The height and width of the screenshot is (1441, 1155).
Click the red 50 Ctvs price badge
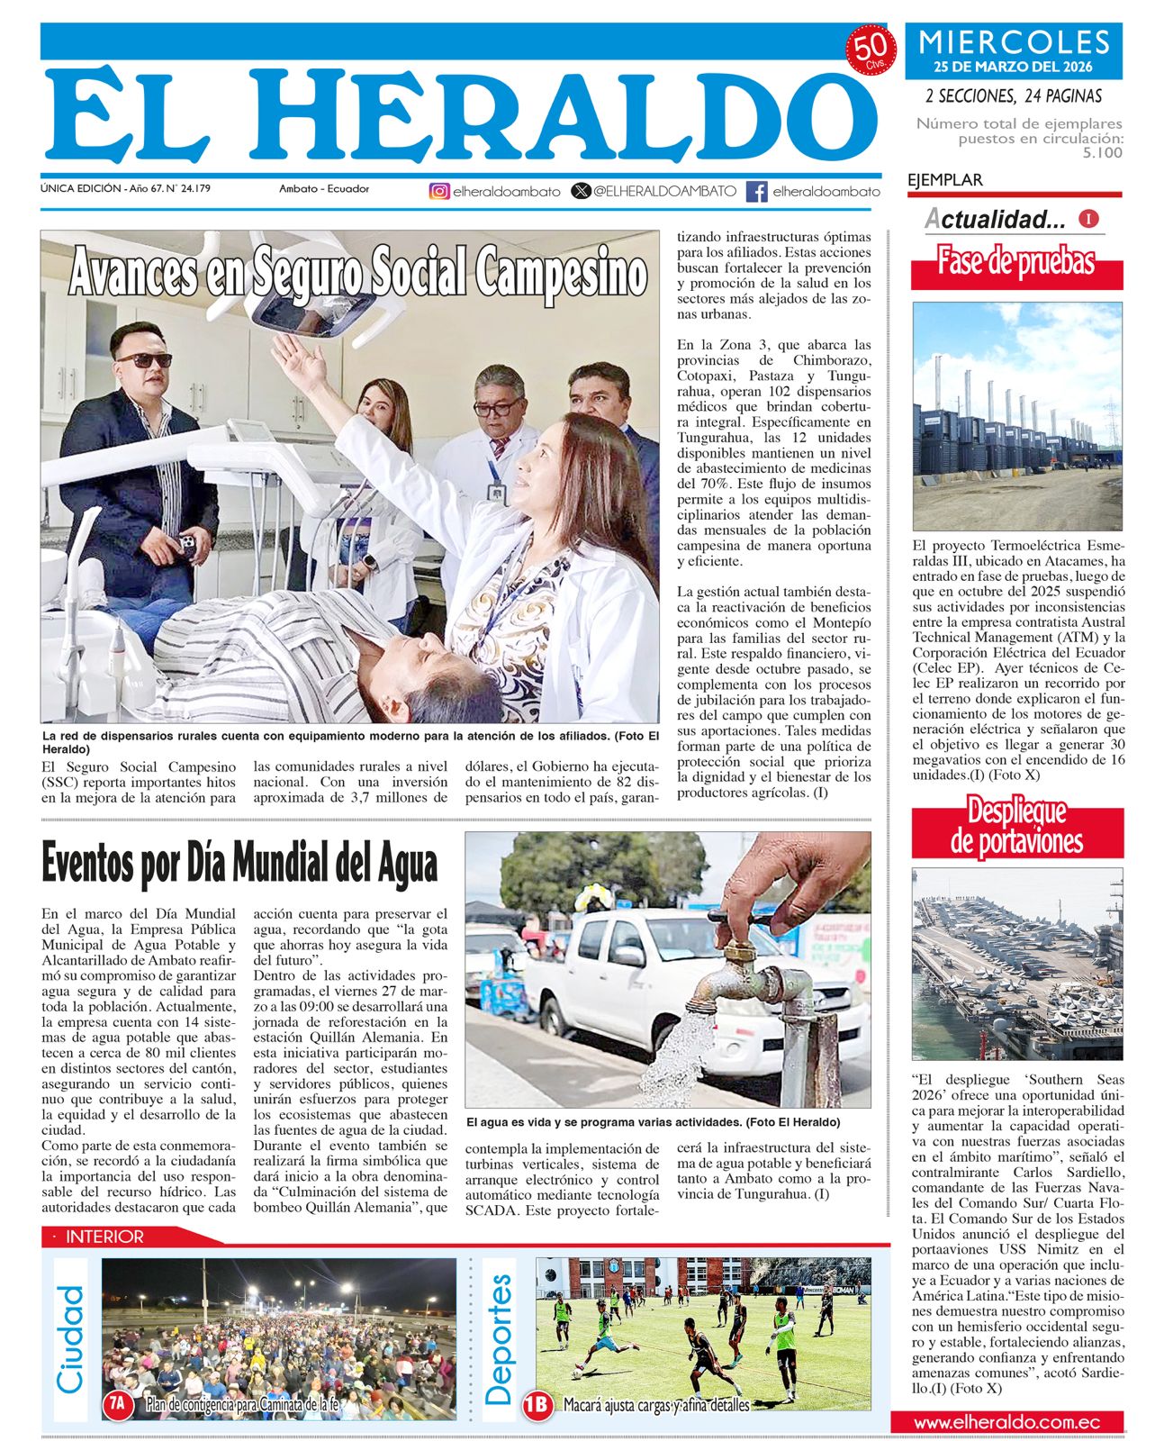pos(870,50)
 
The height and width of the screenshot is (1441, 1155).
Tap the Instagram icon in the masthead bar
pos(439,191)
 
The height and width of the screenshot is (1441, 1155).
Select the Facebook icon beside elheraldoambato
pos(757,191)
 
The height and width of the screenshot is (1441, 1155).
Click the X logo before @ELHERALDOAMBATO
pos(582,191)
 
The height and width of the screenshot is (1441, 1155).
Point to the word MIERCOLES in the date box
pos(1014,42)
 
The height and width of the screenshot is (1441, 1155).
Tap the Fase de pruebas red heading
pos(1016,262)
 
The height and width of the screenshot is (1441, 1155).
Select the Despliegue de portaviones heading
pos(1017,826)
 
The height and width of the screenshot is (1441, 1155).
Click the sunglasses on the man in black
pos(145,360)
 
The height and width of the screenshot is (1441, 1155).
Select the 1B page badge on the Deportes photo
pos(537,1405)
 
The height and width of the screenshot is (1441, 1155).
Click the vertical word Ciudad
pos(70,1339)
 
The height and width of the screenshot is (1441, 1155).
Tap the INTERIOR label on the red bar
pos(104,1237)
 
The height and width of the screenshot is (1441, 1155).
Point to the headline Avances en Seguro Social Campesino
pos(358,272)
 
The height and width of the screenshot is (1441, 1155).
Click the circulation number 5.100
pos(1103,153)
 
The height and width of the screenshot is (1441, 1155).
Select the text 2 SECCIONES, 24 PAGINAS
pos(1014,95)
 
